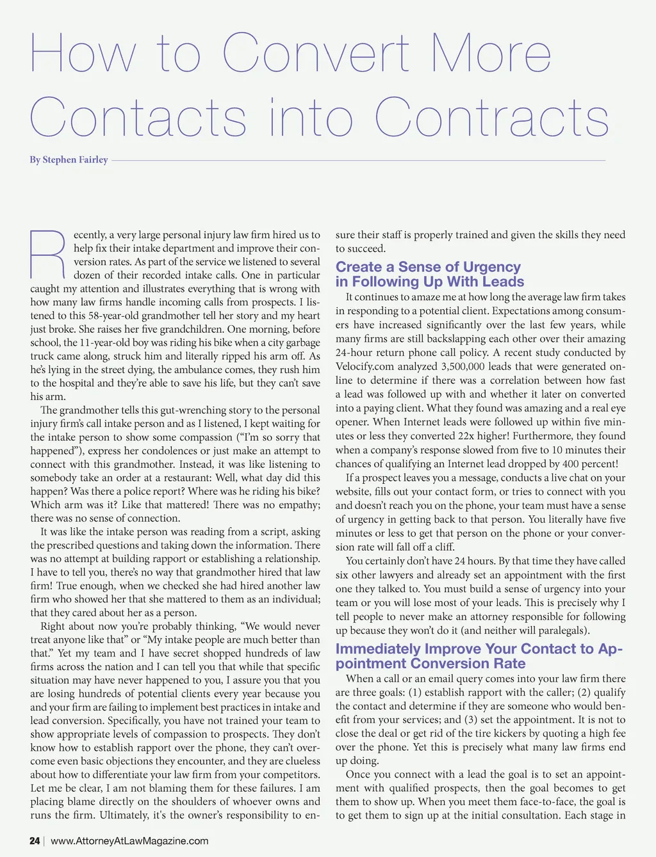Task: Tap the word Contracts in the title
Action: point(491,118)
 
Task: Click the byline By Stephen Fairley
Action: point(69,159)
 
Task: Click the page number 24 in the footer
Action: point(35,840)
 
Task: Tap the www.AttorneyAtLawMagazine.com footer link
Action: point(129,840)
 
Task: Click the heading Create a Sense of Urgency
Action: point(428,267)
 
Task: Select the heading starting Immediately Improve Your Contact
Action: point(479,649)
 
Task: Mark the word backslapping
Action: point(463,339)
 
